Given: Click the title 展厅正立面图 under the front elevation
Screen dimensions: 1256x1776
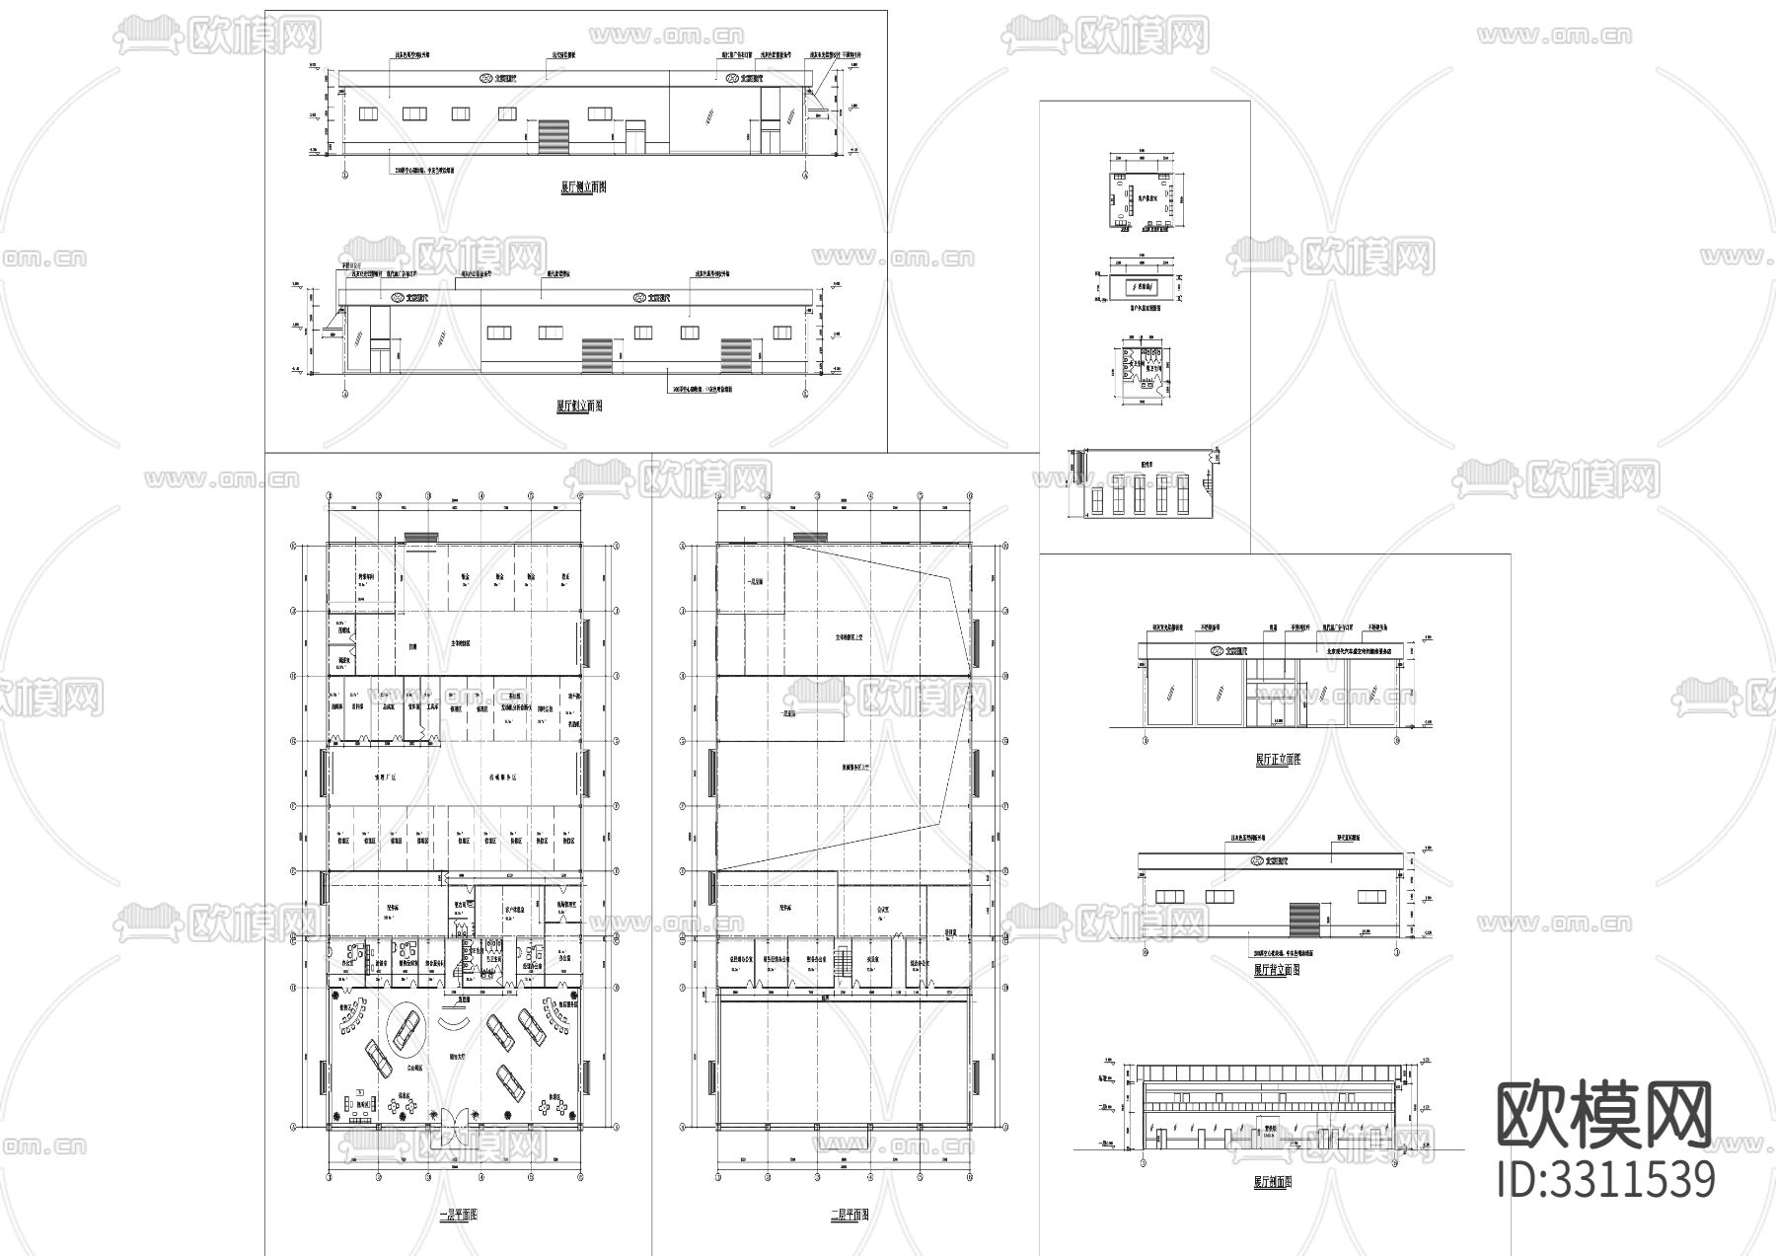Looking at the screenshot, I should tap(1278, 760).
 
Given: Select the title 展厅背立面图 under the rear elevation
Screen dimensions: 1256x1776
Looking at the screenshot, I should tap(1277, 970).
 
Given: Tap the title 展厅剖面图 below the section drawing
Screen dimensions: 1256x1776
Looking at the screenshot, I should tap(1273, 1181).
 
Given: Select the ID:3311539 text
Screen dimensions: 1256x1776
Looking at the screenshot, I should tap(1606, 1180).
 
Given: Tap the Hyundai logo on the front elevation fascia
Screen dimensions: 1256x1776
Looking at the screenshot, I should tap(1217, 651).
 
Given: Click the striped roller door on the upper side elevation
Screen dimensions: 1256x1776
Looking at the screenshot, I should tap(555, 136).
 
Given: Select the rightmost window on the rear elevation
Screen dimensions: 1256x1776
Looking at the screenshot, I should tap(1371, 896).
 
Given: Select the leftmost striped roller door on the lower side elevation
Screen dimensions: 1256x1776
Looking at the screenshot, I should tap(597, 354).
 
